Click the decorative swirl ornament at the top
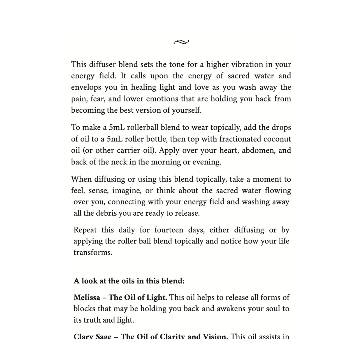point(181,42)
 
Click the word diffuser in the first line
point(103,64)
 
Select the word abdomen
point(258,150)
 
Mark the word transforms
point(93,252)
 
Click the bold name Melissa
point(87,297)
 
